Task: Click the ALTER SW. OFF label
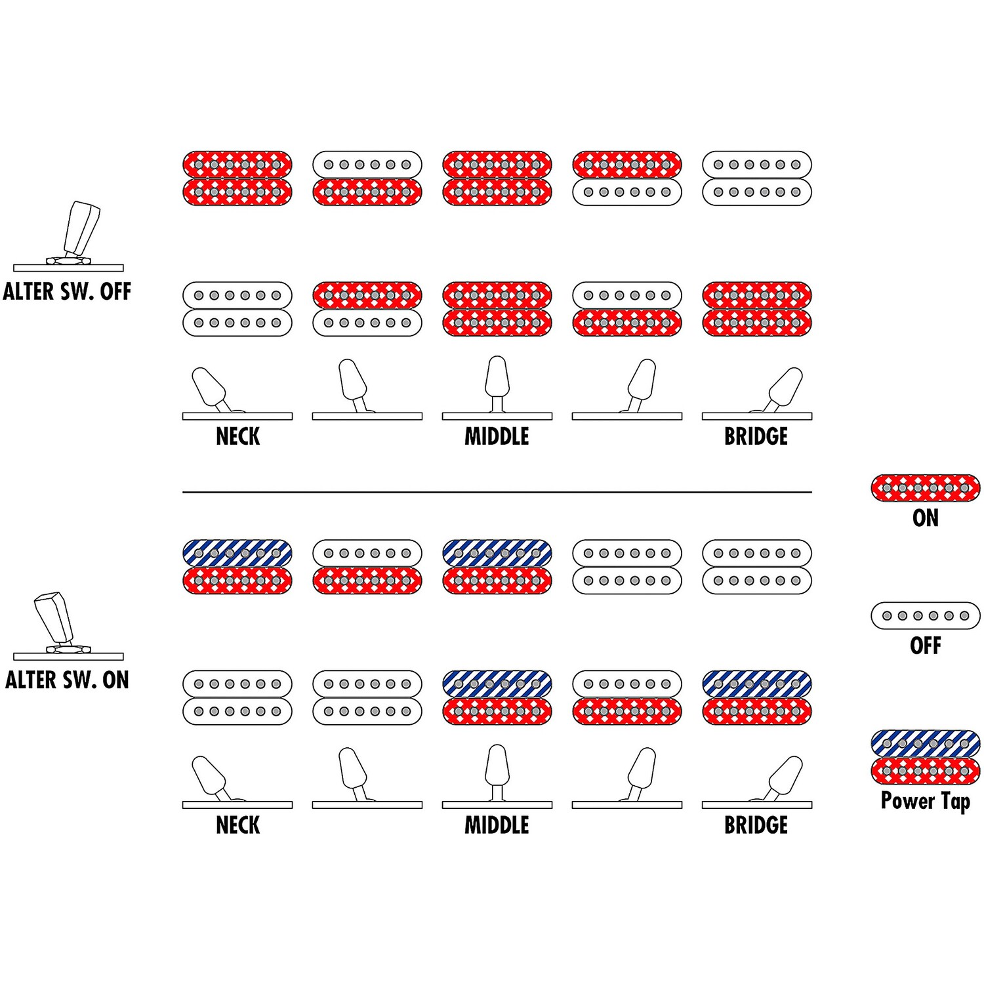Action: point(67,291)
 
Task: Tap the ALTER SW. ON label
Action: point(67,680)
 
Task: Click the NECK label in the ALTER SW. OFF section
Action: point(237,436)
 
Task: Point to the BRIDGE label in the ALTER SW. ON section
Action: point(756,825)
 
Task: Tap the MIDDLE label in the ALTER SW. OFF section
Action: point(497,436)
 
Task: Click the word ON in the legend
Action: point(925,518)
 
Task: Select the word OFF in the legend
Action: point(925,646)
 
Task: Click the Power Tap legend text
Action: point(925,801)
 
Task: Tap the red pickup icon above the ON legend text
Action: point(925,488)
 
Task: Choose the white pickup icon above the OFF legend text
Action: point(925,615)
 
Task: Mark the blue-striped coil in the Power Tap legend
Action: point(925,743)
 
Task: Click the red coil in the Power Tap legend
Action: point(925,771)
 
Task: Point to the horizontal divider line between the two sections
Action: point(497,491)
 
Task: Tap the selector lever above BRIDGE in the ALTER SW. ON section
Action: point(785,775)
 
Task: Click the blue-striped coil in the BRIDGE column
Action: point(756,684)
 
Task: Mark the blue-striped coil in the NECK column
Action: point(237,553)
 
